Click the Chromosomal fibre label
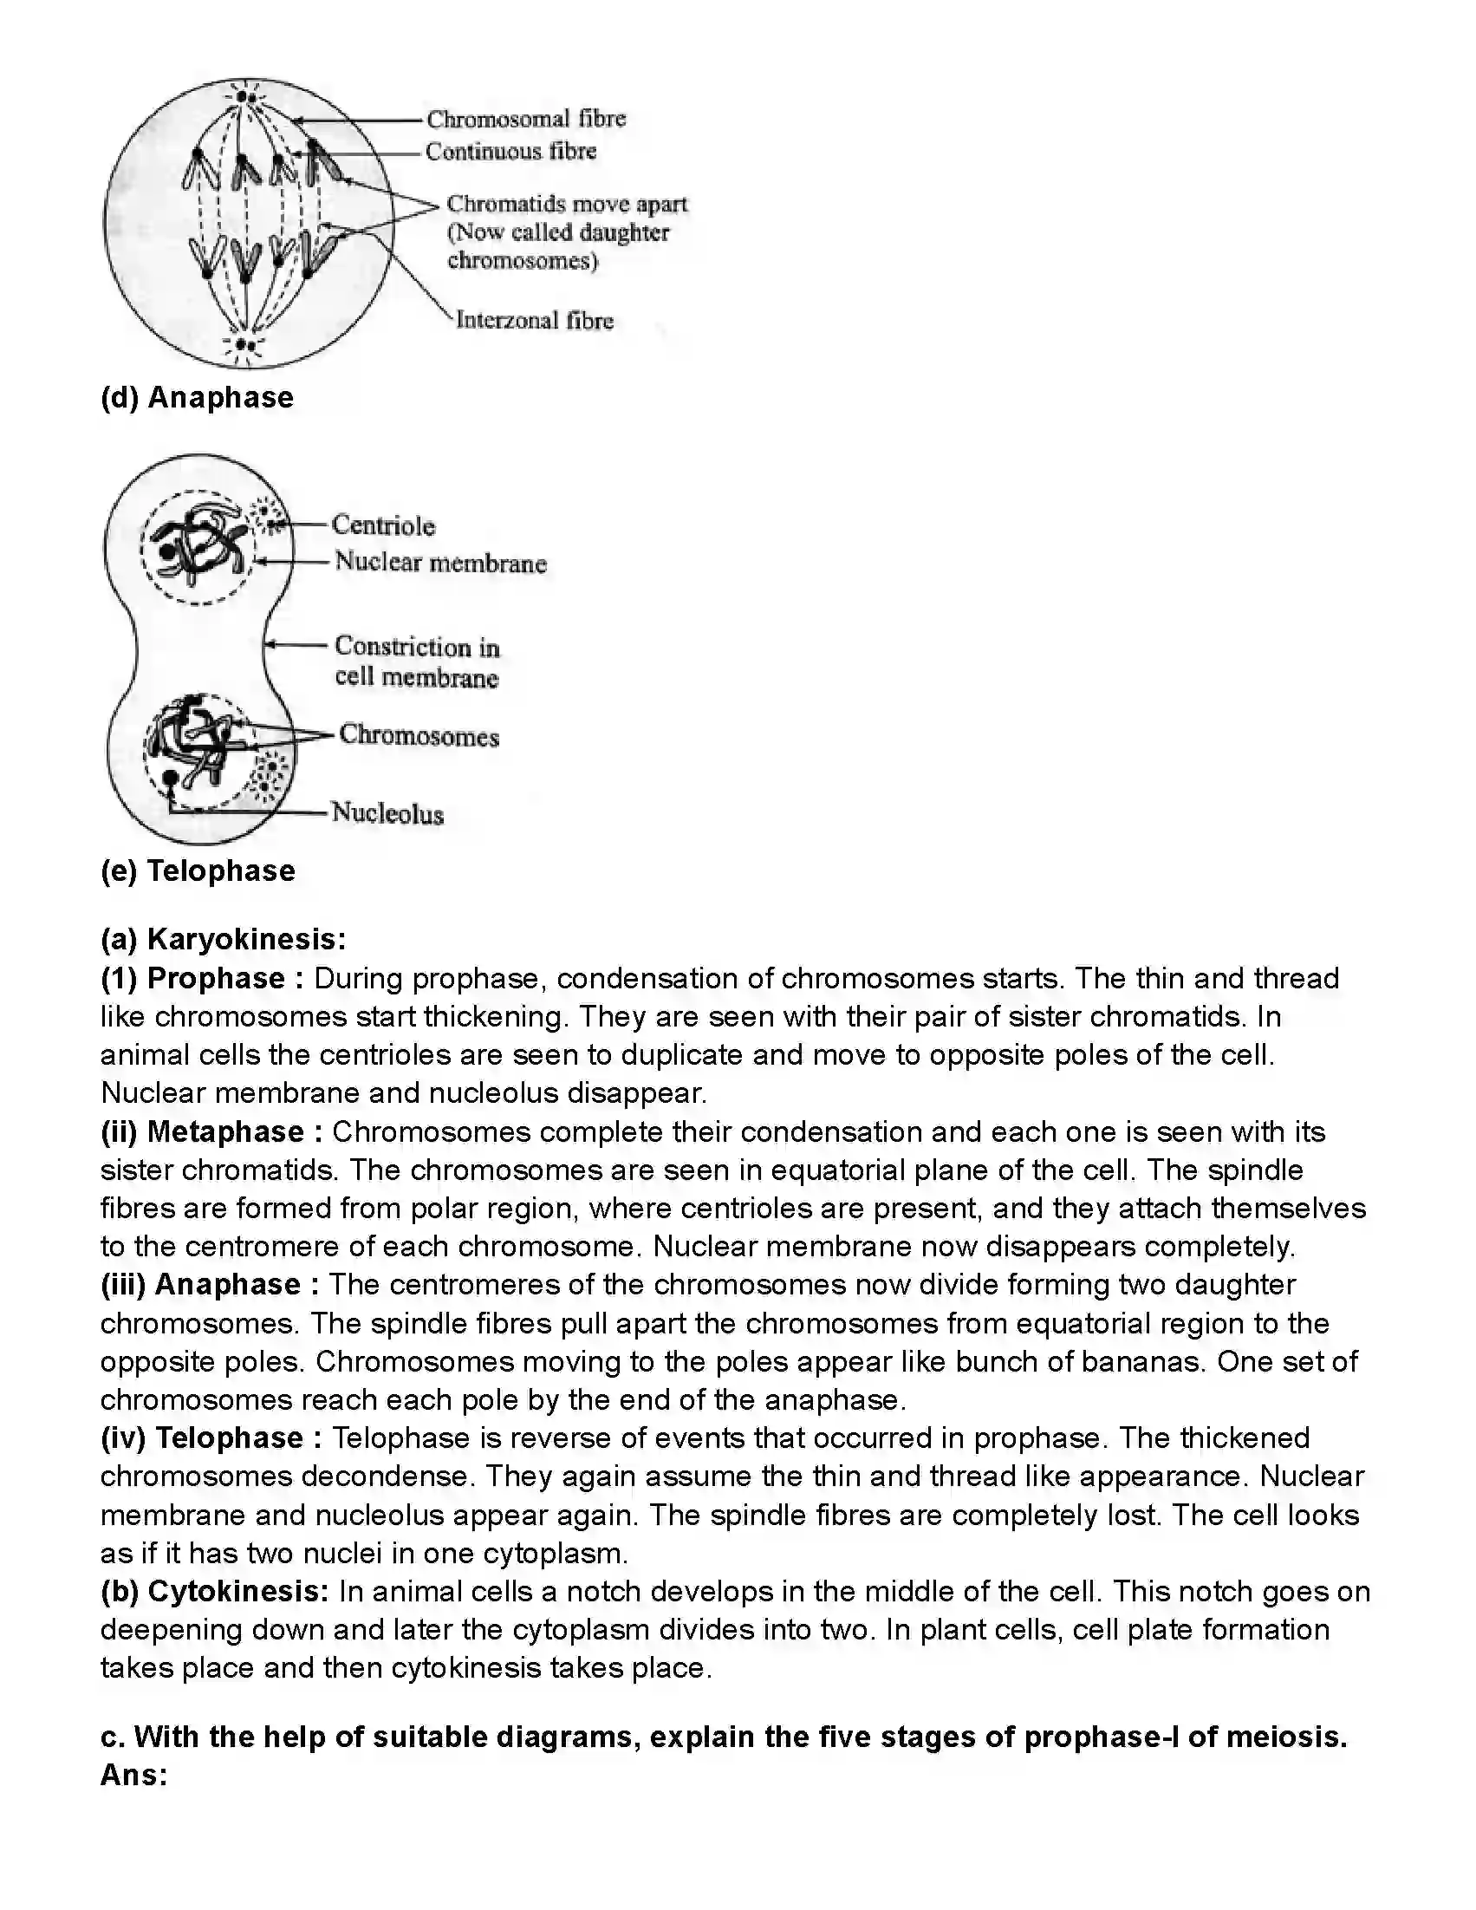525,119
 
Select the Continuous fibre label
510,153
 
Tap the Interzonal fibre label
534,321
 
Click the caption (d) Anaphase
198,398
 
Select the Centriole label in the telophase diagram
383,525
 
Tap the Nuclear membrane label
440,564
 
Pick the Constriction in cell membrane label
417,662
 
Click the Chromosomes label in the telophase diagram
419,736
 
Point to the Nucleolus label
387,814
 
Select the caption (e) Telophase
198,871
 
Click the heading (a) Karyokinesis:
224,939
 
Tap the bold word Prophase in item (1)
216,978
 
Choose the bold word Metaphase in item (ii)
225,1131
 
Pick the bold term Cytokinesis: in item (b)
238,1592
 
